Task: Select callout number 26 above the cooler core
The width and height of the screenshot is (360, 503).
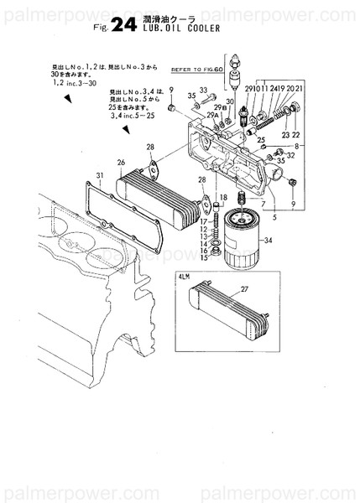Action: (x=121, y=162)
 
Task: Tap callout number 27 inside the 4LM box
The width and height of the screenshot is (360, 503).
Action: (x=244, y=290)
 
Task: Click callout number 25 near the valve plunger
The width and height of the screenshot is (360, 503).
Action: (x=262, y=139)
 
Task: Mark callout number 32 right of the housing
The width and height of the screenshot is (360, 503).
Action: (x=291, y=155)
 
